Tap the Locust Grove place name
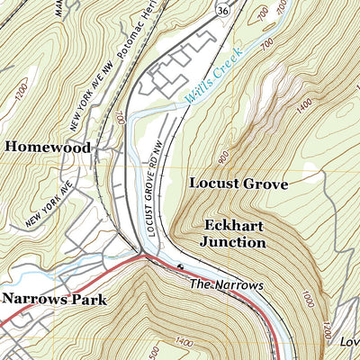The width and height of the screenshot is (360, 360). pyautogui.click(x=238, y=184)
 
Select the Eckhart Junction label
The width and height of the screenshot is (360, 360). pyautogui.click(x=234, y=233)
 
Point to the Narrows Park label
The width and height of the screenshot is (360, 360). pyautogui.click(x=54, y=300)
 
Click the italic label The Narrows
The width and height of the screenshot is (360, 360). pyautogui.click(x=226, y=284)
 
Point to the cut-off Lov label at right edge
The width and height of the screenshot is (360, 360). pyautogui.click(x=348, y=343)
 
